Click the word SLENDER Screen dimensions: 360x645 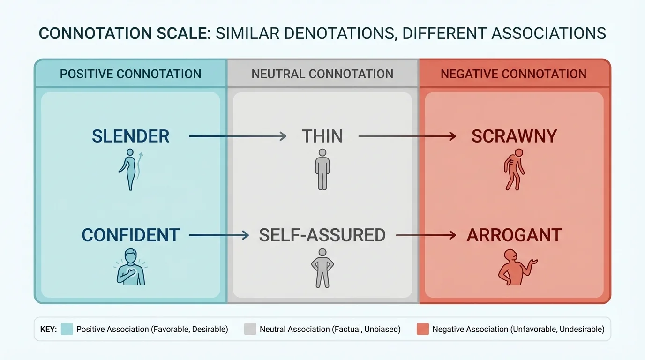click(x=130, y=136)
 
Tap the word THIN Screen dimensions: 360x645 click(x=322, y=136)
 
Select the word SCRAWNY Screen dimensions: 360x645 click(x=514, y=136)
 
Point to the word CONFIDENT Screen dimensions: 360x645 click(x=130, y=235)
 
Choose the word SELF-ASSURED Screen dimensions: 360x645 click(x=322, y=235)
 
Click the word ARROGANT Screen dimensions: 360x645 click(x=514, y=235)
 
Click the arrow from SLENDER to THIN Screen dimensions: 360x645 click(x=237, y=136)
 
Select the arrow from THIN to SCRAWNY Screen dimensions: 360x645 click(x=407, y=136)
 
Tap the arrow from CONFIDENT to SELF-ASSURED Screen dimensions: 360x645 click(x=218, y=235)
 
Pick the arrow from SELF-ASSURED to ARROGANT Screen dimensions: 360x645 click(x=426, y=235)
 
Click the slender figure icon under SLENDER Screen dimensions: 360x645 click(x=129, y=169)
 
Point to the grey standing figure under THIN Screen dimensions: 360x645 click(x=322, y=169)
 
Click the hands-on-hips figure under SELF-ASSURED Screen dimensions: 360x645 click(x=322, y=268)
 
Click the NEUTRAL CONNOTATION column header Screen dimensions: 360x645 click(x=322, y=74)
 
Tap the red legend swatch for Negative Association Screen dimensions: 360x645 click(x=422, y=329)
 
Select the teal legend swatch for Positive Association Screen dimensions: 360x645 click(x=67, y=329)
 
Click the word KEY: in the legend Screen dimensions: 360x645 click(x=48, y=329)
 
